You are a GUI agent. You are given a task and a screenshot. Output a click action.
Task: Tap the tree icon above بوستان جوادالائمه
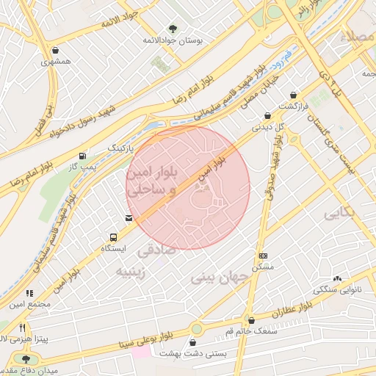pos(173,29)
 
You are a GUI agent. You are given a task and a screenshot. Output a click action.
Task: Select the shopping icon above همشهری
pos(57,50)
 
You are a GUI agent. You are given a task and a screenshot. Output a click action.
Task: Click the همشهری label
pos(56,62)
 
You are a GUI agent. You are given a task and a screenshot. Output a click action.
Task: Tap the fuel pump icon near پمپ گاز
pos(81,156)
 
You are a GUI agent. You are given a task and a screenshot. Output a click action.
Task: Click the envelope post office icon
pos(129,218)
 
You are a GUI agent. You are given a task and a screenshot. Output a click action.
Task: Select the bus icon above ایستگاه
pos(113,237)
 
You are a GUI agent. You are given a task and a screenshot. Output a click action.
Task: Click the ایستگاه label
pos(113,249)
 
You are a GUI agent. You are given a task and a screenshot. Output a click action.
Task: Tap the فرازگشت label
pos(294,107)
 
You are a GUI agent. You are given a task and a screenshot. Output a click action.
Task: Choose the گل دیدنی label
pos(269,127)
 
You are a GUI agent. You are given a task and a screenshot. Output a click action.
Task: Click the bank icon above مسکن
pos(263,255)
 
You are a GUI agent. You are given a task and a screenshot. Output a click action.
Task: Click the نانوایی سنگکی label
pos(338,289)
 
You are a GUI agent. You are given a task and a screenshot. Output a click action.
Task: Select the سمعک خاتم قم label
pos(252,333)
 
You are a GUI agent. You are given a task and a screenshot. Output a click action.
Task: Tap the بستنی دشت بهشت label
pos(193,354)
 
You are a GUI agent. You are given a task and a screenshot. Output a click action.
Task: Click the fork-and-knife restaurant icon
pos(23,328)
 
